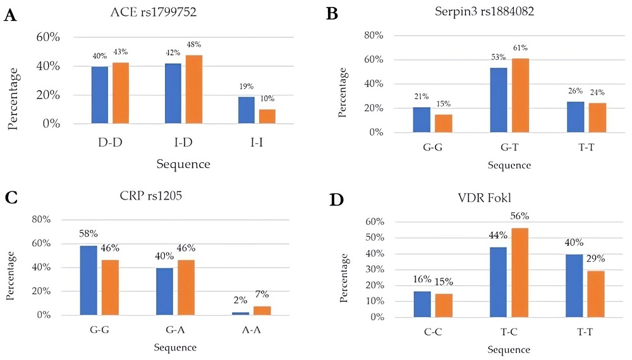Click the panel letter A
point(10,16)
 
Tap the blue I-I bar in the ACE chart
point(246,110)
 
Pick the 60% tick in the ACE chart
point(47,38)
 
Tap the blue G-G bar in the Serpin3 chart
point(422,120)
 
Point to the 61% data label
point(520,48)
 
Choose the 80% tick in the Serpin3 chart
point(374,36)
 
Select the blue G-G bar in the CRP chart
point(88,280)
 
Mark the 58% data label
point(89,234)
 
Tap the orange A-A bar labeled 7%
point(262,310)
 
